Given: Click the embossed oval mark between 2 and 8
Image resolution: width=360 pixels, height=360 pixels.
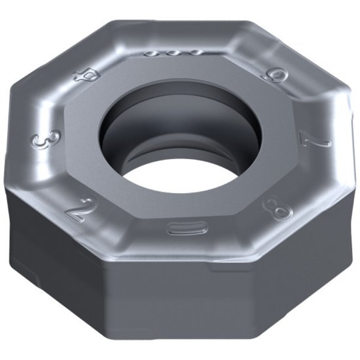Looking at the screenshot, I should point(179,227).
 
